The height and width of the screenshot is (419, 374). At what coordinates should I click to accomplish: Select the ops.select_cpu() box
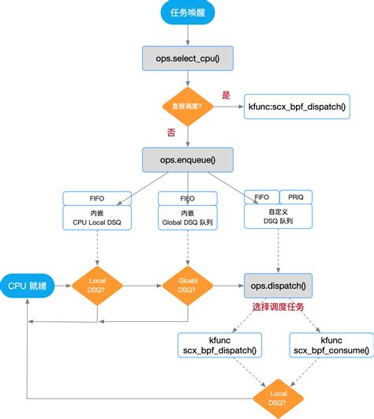(188, 58)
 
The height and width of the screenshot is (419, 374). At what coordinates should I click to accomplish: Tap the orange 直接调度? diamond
(188, 106)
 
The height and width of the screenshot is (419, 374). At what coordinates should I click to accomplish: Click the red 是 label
(226, 95)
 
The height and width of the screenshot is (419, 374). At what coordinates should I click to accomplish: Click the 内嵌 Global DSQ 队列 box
(188, 218)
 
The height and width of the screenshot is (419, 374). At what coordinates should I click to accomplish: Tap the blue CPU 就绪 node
(28, 286)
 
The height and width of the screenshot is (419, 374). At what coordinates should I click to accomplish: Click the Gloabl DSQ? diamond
(188, 286)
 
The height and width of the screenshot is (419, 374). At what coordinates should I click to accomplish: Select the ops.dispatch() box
(279, 286)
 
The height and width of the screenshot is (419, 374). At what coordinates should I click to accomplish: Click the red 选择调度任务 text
(279, 306)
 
